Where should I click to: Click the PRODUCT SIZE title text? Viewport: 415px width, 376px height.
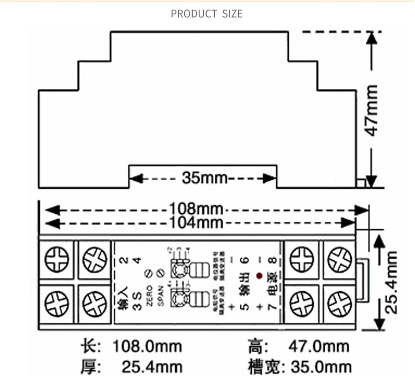coord(207,14)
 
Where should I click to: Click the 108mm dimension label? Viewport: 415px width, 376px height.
coord(196,209)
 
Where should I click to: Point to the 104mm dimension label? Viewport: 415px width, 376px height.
coord(196,223)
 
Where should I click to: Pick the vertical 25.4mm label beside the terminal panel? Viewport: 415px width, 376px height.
coord(391,282)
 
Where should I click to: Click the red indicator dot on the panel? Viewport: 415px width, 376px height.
coord(259,276)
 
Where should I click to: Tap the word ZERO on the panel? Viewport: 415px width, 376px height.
coord(149,296)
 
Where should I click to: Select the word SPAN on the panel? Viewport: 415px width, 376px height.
coord(161,296)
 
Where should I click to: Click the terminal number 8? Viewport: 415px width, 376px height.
coord(273,260)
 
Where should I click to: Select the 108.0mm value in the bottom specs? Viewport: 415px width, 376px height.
coord(147,346)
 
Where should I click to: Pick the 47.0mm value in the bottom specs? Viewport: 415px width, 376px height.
coord(318,346)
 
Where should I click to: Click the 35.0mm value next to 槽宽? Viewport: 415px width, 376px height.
coord(321,367)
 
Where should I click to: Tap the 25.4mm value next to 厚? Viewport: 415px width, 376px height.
coord(152,367)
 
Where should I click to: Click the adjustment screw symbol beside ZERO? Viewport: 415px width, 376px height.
coord(149,273)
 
